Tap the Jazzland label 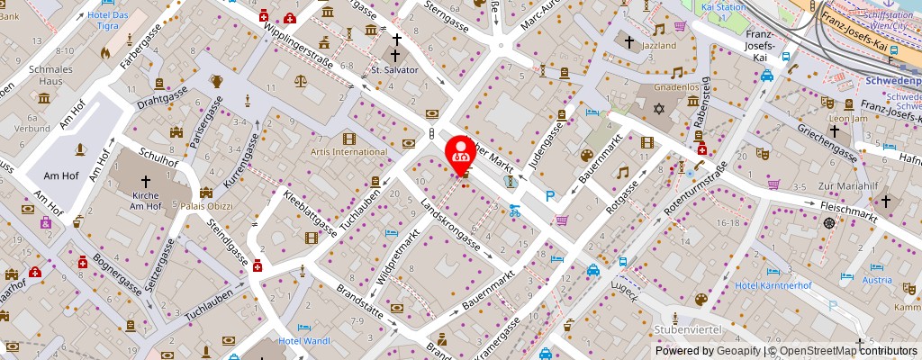pos(659,44)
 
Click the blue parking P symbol pos(549,196)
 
